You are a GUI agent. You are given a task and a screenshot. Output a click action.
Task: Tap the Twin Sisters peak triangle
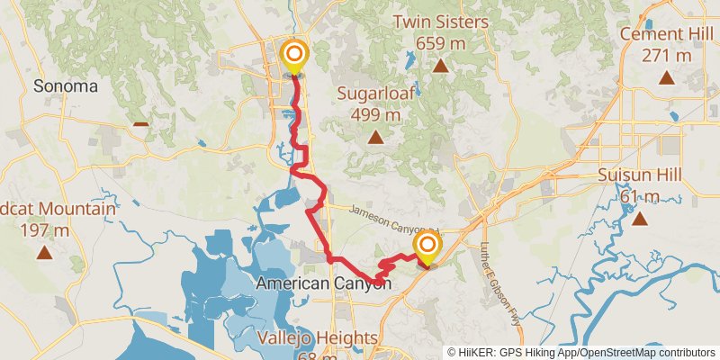(441, 65)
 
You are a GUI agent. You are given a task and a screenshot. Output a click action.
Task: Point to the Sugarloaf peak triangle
(374, 138)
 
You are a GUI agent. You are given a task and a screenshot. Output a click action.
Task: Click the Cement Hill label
(666, 35)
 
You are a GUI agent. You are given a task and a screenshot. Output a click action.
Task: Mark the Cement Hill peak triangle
(666, 78)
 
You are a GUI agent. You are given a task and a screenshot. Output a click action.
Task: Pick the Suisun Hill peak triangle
(639, 219)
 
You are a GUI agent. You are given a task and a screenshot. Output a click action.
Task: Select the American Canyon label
(324, 283)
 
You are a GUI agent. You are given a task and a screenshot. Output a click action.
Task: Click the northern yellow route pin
(294, 55)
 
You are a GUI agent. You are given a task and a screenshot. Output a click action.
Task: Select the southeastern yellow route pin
(427, 247)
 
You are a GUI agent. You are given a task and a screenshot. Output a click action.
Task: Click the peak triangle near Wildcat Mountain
(44, 253)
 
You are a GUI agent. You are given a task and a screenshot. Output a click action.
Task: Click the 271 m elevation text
(666, 55)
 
